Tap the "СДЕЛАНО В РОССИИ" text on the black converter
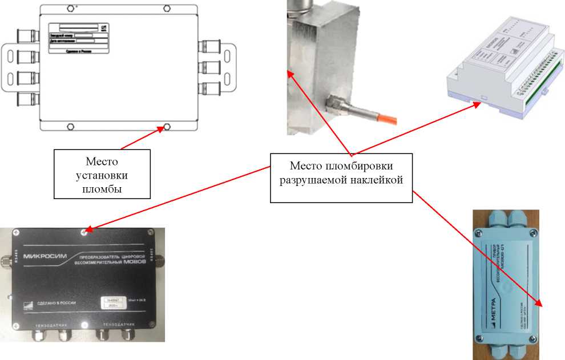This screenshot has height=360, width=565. pos(53,303)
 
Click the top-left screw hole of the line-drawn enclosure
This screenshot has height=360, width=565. pos(70,9)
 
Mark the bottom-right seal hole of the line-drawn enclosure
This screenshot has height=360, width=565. pos(167,126)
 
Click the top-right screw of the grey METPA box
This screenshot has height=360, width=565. pos(533,233)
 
